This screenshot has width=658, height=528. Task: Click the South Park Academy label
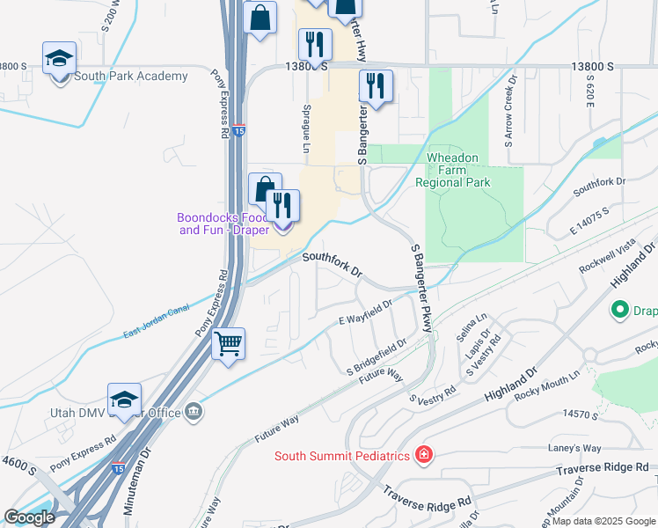[131, 77]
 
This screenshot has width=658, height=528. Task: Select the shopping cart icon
[229, 343]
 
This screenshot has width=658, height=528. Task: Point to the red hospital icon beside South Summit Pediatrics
[424, 455]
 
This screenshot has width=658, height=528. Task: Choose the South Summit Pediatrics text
[342, 455]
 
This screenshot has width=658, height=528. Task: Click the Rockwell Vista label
[607, 260]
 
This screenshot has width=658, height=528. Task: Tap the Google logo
[29, 517]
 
